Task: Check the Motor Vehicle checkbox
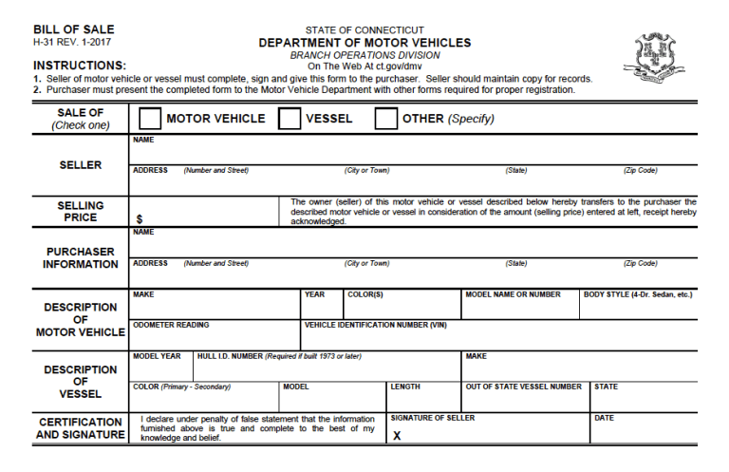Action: (150, 119)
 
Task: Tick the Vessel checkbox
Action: (290, 119)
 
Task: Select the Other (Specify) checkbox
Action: (386, 119)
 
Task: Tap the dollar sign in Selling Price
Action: (139, 218)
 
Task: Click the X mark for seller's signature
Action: (397, 435)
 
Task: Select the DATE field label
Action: (604, 418)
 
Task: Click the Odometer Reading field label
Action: (171, 325)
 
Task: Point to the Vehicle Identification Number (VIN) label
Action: (375, 325)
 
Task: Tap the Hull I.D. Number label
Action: (279, 356)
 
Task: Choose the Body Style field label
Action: (637, 294)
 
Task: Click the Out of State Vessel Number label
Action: (523, 387)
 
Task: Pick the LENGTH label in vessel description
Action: (405, 387)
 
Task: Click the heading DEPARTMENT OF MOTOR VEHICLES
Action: (364, 43)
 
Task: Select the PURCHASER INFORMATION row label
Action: (80, 257)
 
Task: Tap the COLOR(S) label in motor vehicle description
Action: (365, 294)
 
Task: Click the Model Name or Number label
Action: (513, 294)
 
